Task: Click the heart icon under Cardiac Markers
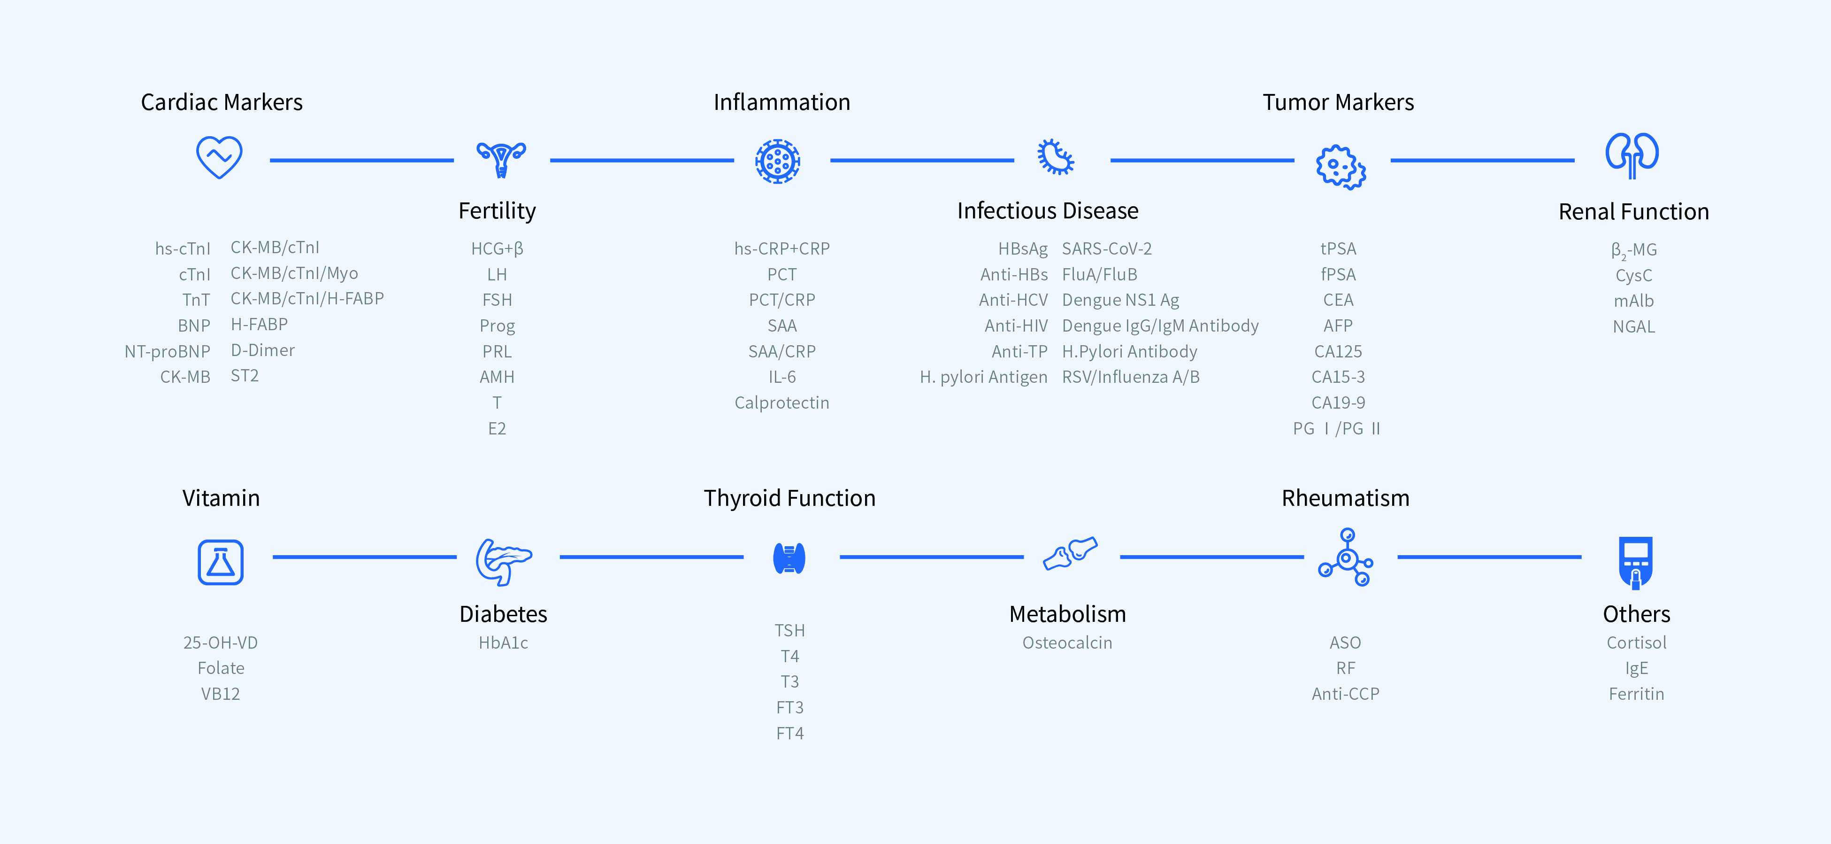219,157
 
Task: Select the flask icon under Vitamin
220,562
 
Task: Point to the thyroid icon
789,558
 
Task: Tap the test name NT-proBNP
167,351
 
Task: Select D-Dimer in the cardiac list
262,350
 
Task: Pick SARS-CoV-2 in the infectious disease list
1107,249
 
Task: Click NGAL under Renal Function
1633,326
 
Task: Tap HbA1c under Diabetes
503,643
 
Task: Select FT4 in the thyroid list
789,733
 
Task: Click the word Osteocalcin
1067,643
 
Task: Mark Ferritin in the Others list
1636,694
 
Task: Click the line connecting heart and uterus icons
362,160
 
